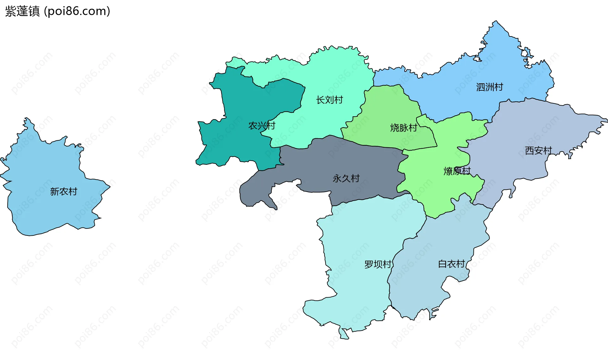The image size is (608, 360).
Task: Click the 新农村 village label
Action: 64,192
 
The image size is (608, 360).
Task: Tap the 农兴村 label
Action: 262,126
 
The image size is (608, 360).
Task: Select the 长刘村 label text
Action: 329,100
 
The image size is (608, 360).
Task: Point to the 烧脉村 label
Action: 403,128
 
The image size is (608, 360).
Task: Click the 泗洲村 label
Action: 490,87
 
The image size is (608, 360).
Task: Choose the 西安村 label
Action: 538,151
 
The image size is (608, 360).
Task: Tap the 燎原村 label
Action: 457,171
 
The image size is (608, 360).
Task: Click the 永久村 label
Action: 346,178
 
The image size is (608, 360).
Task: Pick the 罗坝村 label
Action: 378,264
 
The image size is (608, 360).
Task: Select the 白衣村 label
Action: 451,264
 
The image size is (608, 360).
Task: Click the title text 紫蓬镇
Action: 22,11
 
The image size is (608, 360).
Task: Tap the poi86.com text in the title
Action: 77,11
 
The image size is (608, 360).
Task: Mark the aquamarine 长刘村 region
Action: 336,73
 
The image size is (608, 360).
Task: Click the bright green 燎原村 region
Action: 437,193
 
